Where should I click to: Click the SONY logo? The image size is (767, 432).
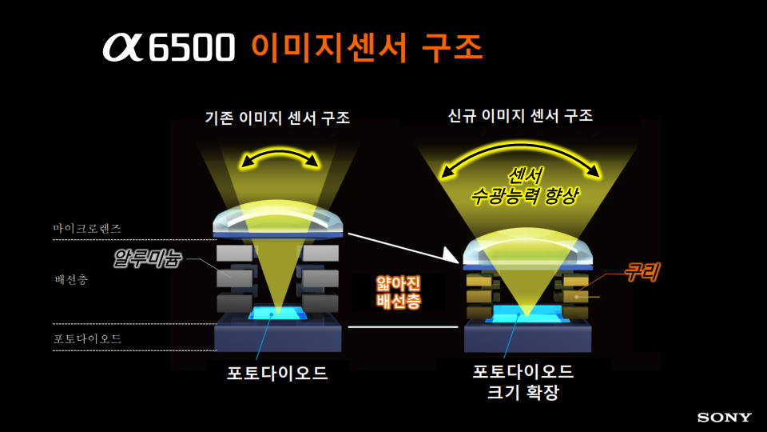(725, 417)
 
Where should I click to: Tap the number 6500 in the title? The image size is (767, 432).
(193, 48)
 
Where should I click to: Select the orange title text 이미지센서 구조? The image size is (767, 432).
(368, 46)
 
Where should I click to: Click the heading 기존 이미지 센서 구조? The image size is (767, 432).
(277, 118)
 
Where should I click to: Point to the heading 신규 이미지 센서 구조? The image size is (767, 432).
(520, 116)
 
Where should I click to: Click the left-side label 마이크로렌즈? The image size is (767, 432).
(87, 228)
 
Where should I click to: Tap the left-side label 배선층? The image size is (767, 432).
(71, 281)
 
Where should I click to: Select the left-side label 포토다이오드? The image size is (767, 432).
(87, 338)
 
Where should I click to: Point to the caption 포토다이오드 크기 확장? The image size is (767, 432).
(523, 382)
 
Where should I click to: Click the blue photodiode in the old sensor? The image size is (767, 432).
(276, 313)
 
